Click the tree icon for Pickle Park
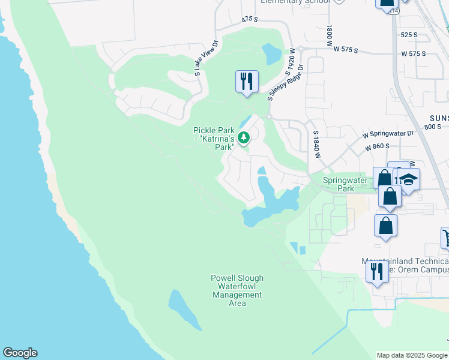point(244,138)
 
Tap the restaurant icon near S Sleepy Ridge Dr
point(247,82)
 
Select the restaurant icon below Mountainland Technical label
point(377,271)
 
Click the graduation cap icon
point(408,179)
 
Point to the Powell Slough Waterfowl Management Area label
point(237,290)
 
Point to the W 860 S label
point(378,146)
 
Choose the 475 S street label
point(250,20)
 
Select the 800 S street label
point(432,127)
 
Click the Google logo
point(20,353)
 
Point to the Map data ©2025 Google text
point(412,355)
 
